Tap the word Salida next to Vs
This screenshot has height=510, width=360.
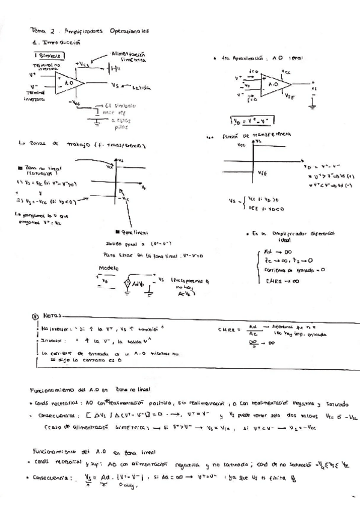point(141,86)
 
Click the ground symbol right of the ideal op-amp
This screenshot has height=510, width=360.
point(313,105)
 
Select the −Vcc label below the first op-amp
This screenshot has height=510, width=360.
point(75,103)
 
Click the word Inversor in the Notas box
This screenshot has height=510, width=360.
point(53,340)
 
